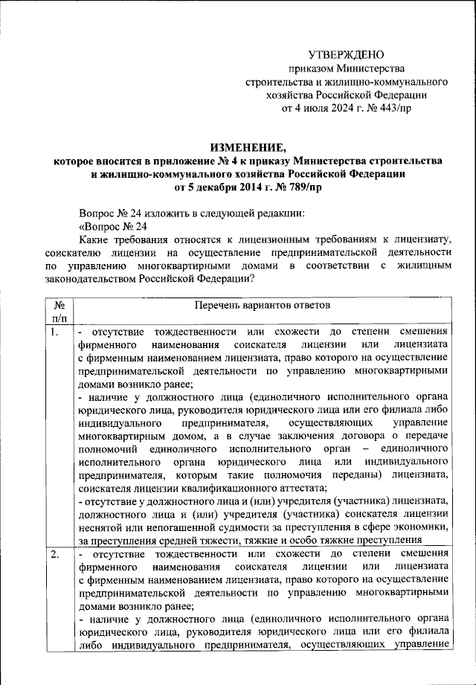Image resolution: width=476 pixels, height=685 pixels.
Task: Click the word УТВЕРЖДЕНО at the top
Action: (347, 55)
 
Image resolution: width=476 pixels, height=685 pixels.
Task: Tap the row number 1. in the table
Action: (54, 332)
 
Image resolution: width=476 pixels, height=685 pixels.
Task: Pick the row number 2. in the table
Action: (54, 555)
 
